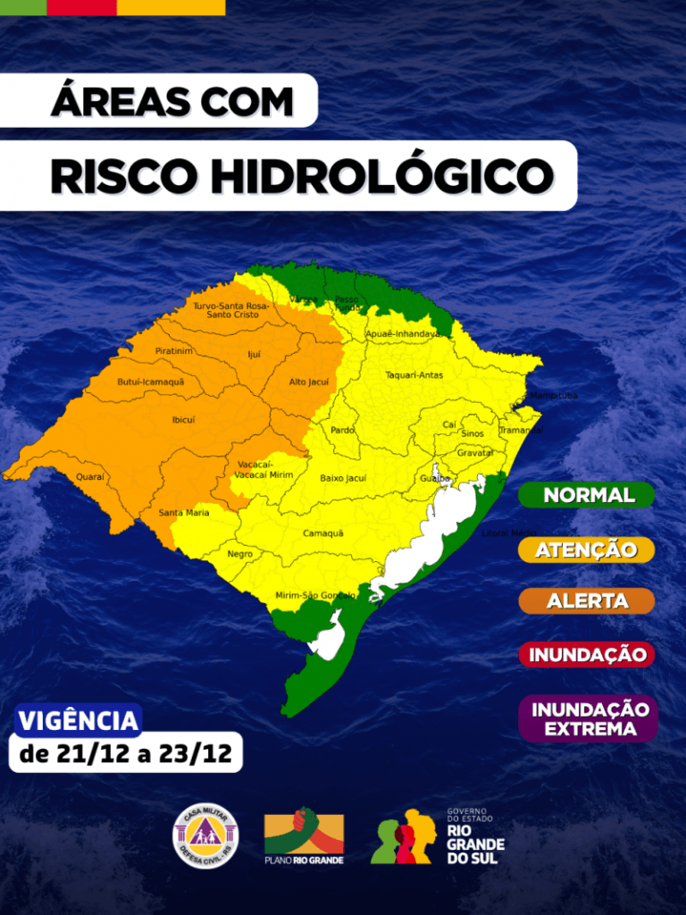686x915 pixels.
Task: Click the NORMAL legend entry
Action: [x=587, y=495]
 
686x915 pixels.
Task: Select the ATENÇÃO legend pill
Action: [x=587, y=550]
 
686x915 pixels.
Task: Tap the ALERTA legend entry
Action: [x=587, y=601]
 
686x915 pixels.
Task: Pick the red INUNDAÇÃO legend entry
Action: [x=587, y=654]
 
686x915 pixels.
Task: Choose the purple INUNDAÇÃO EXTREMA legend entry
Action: [x=589, y=718]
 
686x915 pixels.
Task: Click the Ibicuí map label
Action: [x=183, y=419]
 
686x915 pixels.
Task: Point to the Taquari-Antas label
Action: [x=414, y=375]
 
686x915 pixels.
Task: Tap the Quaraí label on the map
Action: [x=89, y=477]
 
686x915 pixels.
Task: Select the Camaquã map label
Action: [x=322, y=533]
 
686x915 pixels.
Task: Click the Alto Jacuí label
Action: [x=308, y=382]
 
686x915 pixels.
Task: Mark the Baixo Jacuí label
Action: [x=343, y=479]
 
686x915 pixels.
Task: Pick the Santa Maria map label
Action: [x=184, y=513]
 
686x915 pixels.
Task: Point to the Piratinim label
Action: [x=173, y=351]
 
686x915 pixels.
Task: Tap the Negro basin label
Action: [x=239, y=554]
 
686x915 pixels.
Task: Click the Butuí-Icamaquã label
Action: [x=150, y=382]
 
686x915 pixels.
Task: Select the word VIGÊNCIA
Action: [x=79, y=720]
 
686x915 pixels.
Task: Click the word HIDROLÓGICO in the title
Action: [x=383, y=176]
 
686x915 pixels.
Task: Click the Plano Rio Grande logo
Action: [x=304, y=836]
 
